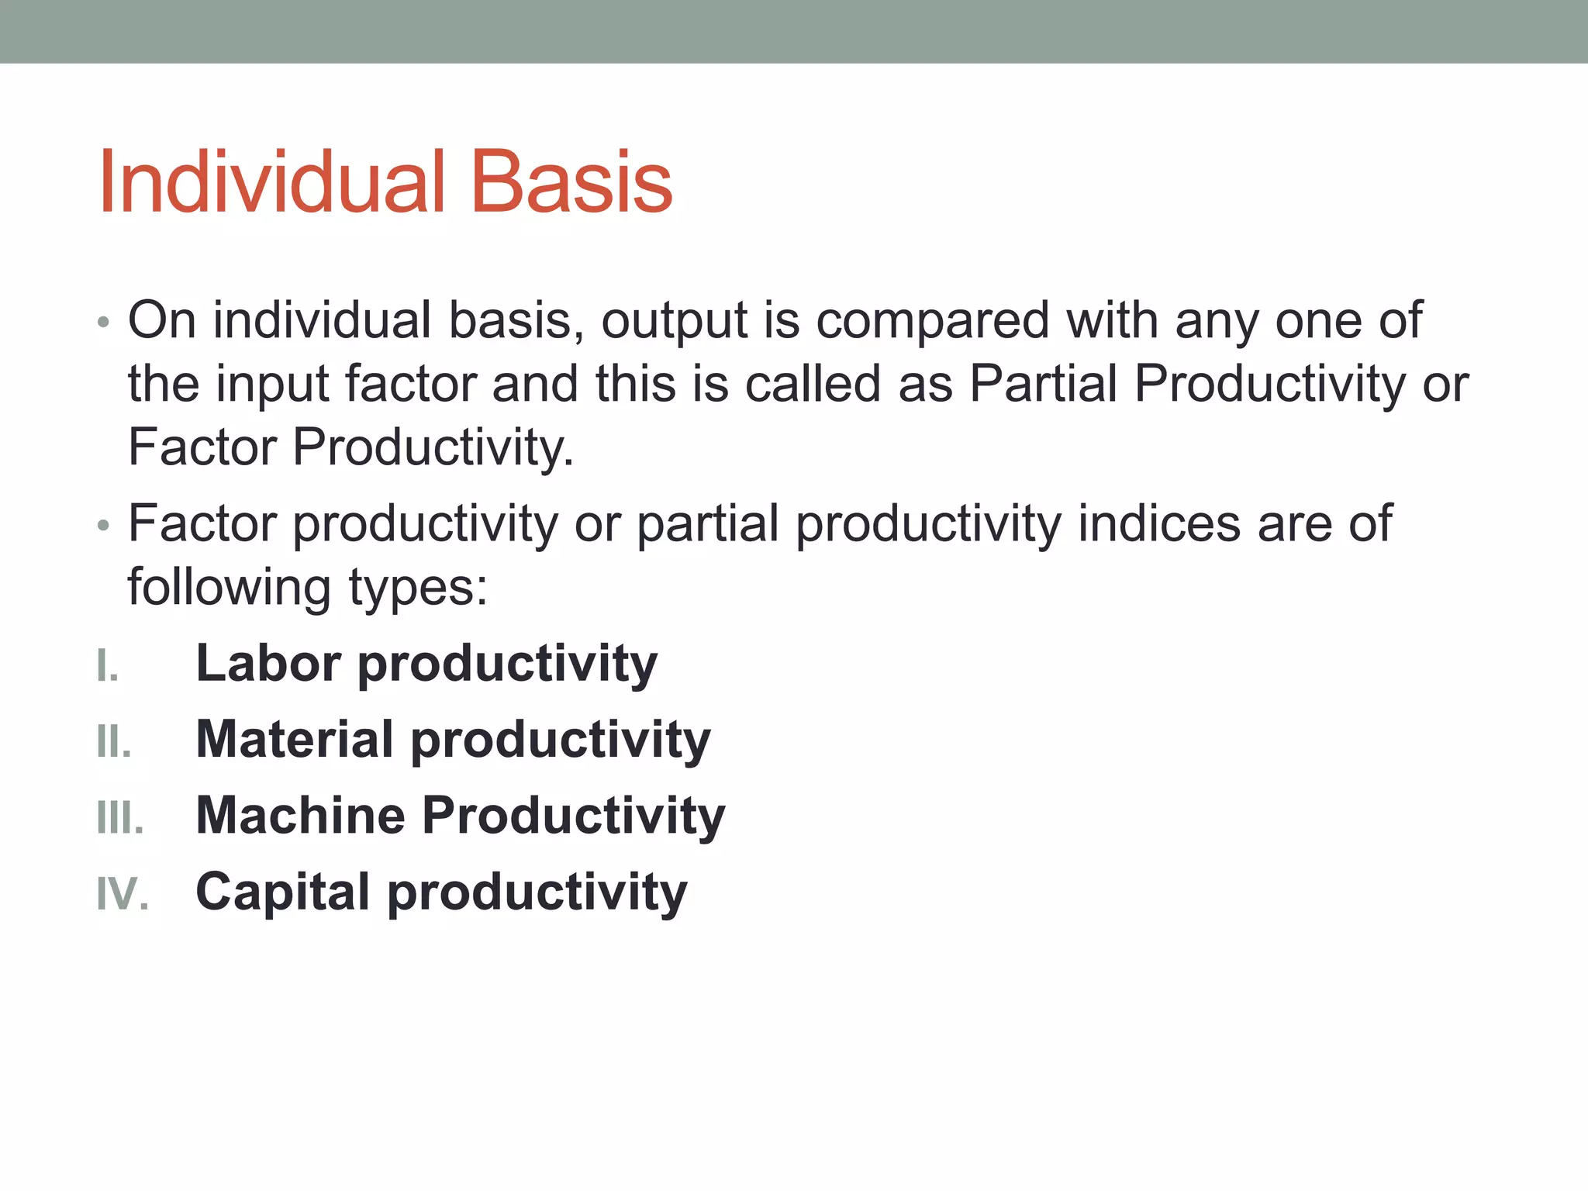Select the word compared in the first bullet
click(x=933, y=320)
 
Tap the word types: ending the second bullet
click(x=418, y=588)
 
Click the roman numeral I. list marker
click(x=108, y=666)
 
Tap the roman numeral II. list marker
click(x=114, y=742)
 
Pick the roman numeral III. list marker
click(x=120, y=818)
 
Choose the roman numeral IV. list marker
click(x=123, y=894)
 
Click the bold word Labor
click(x=268, y=663)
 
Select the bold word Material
click(x=295, y=739)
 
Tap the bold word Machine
click(x=301, y=815)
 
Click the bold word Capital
click(x=283, y=891)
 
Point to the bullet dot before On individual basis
click(x=103, y=322)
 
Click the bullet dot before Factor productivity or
click(x=103, y=526)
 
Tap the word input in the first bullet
click(x=272, y=385)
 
